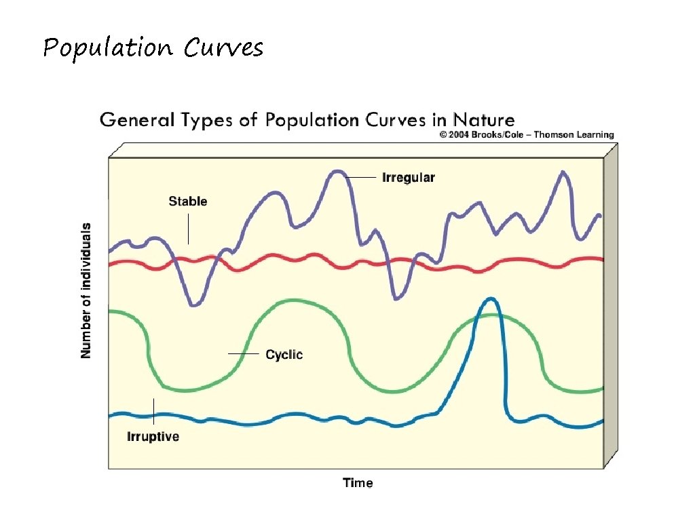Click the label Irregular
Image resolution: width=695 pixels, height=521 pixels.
tap(408, 178)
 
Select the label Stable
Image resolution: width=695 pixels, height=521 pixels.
tap(187, 201)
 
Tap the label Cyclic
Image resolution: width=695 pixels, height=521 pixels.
tap(284, 354)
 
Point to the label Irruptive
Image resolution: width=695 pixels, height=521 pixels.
tap(153, 436)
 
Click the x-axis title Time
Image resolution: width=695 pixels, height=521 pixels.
tap(358, 483)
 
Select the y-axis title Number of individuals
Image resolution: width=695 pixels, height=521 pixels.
tap(86, 290)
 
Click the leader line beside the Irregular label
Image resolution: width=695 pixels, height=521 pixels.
tap(362, 177)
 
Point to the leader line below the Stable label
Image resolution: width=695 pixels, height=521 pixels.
tap(188, 229)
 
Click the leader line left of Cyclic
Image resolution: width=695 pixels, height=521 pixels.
tap(244, 353)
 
